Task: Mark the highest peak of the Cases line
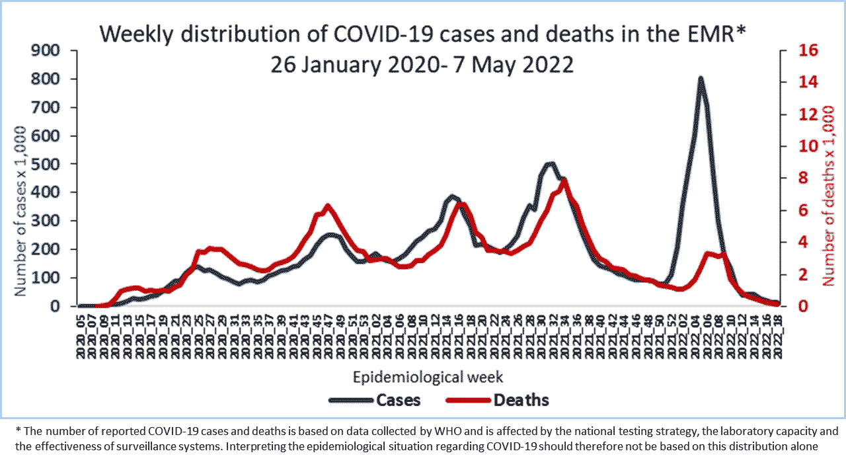point(700,78)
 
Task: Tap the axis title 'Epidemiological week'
point(428,377)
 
